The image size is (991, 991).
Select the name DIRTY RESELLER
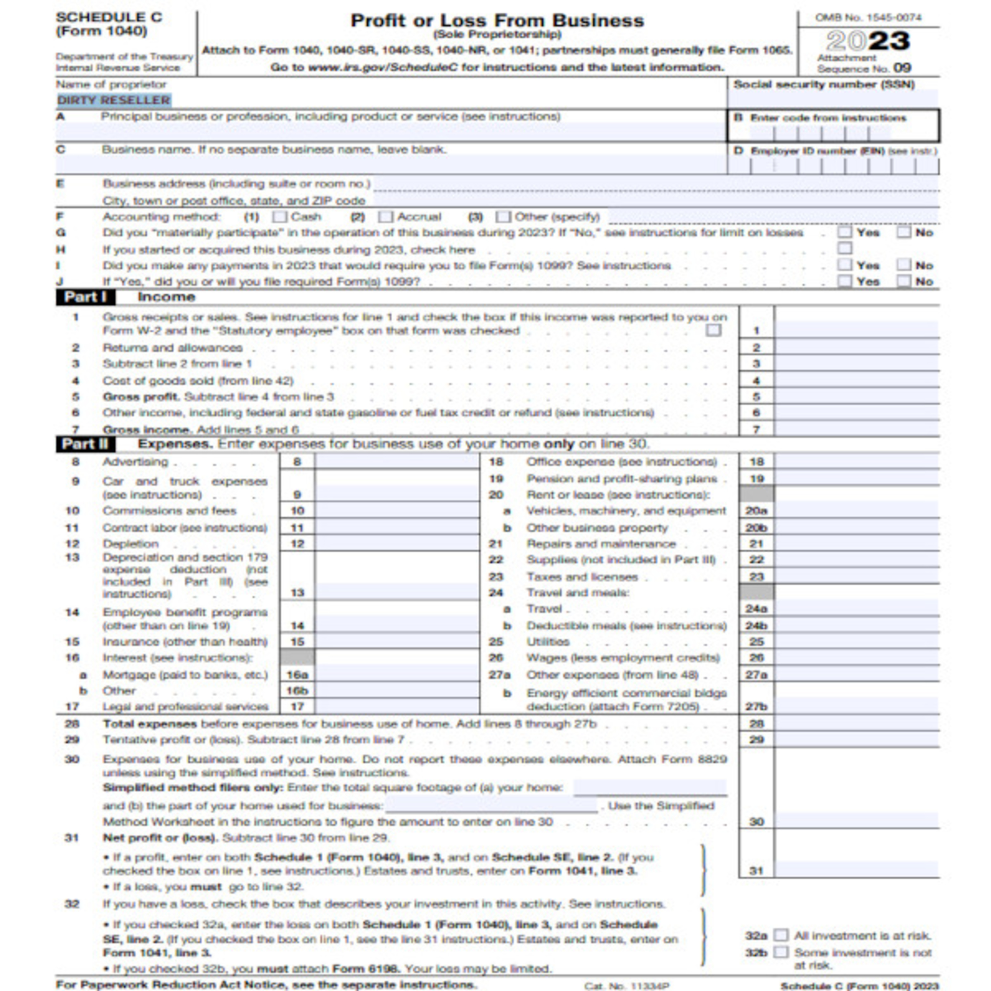click(113, 100)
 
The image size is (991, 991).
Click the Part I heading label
click(85, 297)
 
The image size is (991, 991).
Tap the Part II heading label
click(85, 444)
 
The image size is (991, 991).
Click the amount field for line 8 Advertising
click(397, 462)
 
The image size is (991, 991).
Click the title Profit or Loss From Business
click(496, 20)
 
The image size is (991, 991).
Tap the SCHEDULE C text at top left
click(109, 18)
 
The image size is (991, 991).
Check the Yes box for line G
click(844, 232)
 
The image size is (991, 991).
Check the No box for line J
click(904, 281)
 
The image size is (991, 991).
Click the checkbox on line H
click(844, 249)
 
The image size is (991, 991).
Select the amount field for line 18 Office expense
click(856, 462)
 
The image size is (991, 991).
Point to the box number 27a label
click(756, 675)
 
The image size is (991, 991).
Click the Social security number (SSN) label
click(824, 85)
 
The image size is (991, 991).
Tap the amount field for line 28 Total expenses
click(856, 724)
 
